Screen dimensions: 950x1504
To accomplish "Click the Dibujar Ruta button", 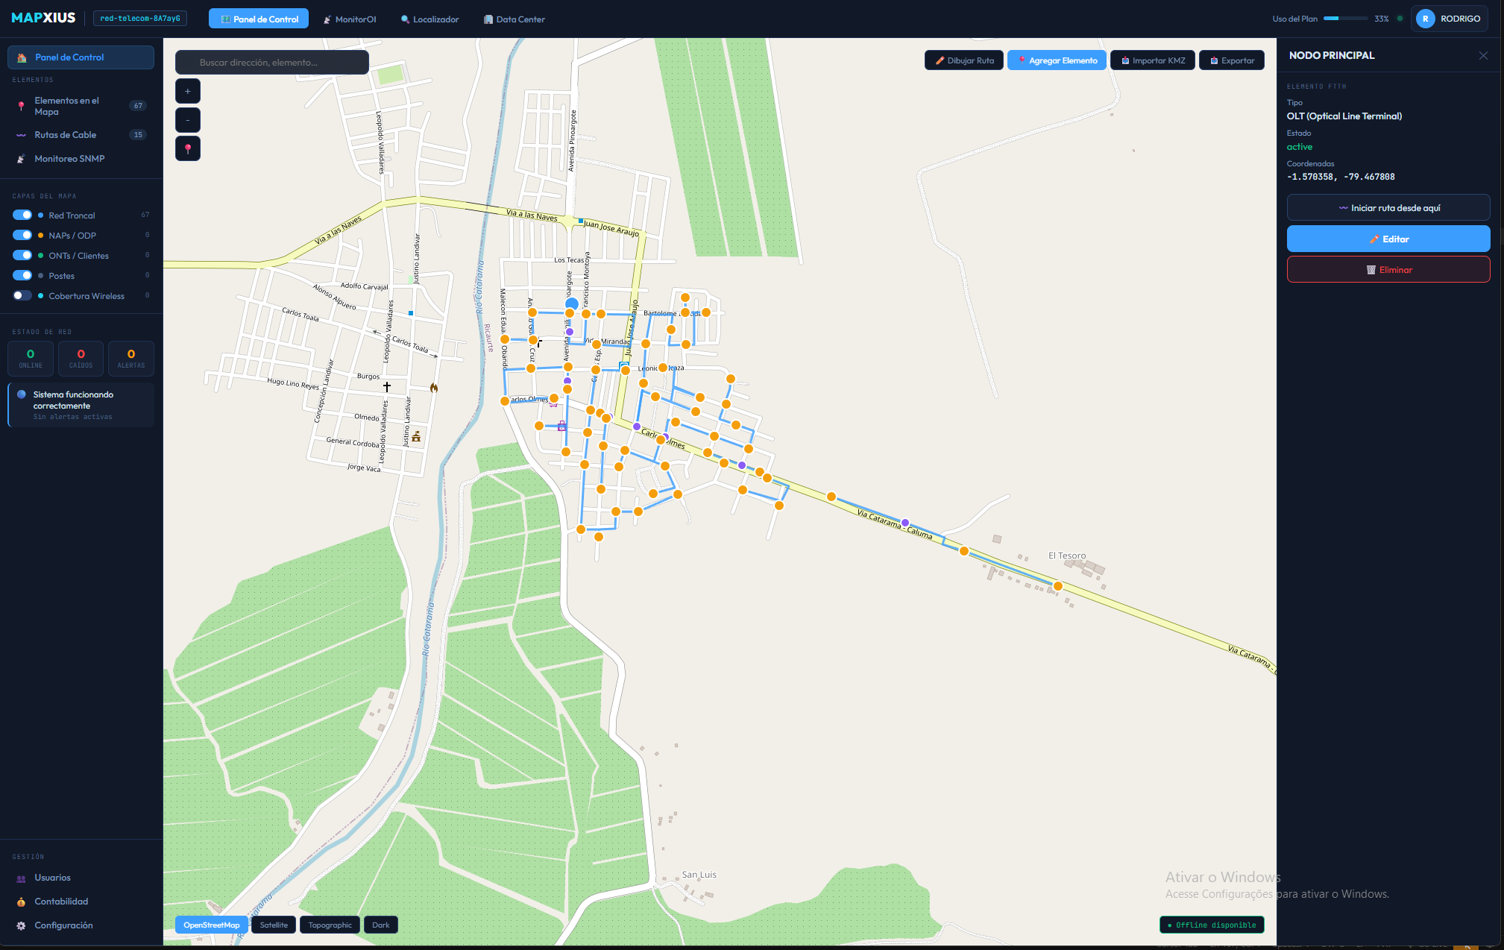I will click(964, 60).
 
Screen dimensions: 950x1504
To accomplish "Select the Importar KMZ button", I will click(1153, 60).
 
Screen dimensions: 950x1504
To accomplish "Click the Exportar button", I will click(1232, 60).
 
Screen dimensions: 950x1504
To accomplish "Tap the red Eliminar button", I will click(1388, 270).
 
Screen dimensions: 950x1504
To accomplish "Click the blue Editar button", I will click(1388, 239).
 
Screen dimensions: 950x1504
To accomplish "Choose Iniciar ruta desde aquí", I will click(1388, 208).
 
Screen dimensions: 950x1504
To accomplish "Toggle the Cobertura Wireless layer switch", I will click(22, 296).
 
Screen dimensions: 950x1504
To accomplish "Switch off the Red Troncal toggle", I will click(22, 216).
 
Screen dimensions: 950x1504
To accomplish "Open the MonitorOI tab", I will click(350, 19).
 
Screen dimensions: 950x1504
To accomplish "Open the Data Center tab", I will click(515, 19).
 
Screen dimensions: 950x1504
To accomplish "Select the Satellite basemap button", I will click(274, 925).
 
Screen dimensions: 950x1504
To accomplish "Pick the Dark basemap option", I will click(380, 925).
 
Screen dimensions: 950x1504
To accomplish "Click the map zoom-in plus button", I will click(188, 91).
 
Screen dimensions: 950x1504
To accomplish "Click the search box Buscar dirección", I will click(272, 63).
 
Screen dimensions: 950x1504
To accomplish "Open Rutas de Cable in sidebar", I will click(66, 135).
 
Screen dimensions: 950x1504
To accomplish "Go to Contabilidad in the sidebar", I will click(61, 902).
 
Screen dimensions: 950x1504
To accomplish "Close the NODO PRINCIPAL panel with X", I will click(1483, 56).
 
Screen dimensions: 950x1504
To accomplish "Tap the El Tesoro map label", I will click(1067, 556).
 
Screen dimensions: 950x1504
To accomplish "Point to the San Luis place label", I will click(699, 875).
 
